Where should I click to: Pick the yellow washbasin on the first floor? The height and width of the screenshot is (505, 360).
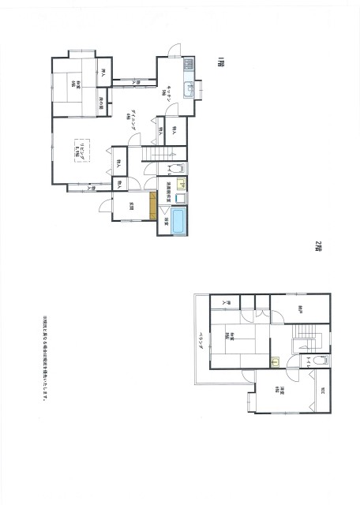(181, 185)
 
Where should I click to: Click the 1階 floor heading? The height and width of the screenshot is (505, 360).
(223, 62)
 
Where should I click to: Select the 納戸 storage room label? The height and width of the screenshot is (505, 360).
(301, 309)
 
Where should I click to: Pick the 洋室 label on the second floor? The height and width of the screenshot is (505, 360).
(282, 391)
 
